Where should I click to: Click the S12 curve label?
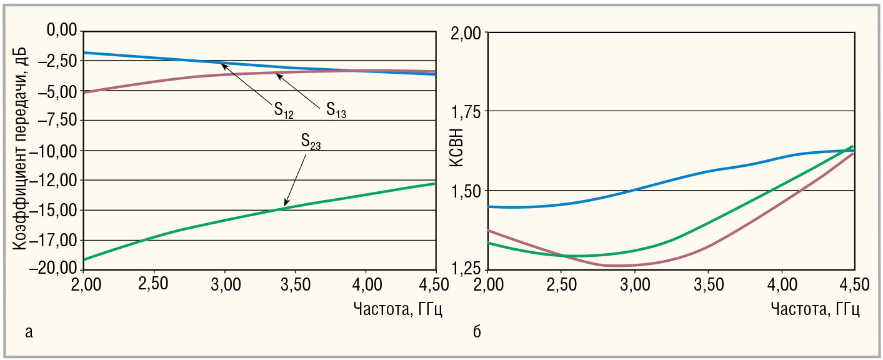pos(283,111)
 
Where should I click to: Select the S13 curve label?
pos(336,111)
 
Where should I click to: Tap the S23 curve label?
pos(311,142)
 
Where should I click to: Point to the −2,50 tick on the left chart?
pos(57,61)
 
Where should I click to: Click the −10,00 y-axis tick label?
pos(55,151)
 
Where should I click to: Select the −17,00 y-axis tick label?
pos(55,240)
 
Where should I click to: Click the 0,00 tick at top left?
pos(62,31)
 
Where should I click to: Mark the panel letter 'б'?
pos(477,331)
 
